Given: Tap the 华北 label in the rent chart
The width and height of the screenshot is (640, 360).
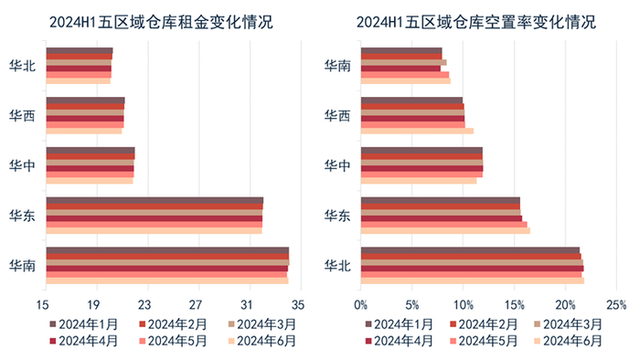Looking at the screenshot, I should coord(22,66).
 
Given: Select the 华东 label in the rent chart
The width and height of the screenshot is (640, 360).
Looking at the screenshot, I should coord(22,216).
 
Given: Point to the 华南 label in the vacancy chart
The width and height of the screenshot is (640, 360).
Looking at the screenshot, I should coord(337,66).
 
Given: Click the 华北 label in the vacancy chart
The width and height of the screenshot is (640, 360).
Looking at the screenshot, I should coord(337,266).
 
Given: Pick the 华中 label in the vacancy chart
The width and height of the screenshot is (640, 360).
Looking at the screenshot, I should coord(337,165).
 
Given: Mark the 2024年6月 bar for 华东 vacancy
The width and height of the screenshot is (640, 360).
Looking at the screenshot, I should coord(445,230).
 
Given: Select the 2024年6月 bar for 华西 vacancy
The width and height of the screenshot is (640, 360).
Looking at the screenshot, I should coord(417,131).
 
